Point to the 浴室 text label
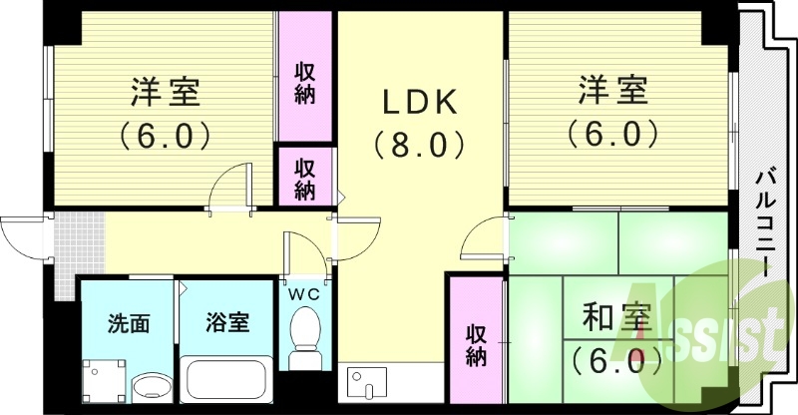[227, 323]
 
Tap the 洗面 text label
[129, 323]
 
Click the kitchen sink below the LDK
[366, 381]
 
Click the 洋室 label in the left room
[166, 92]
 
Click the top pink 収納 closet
[305, 83]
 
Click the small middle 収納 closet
[305, 177]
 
